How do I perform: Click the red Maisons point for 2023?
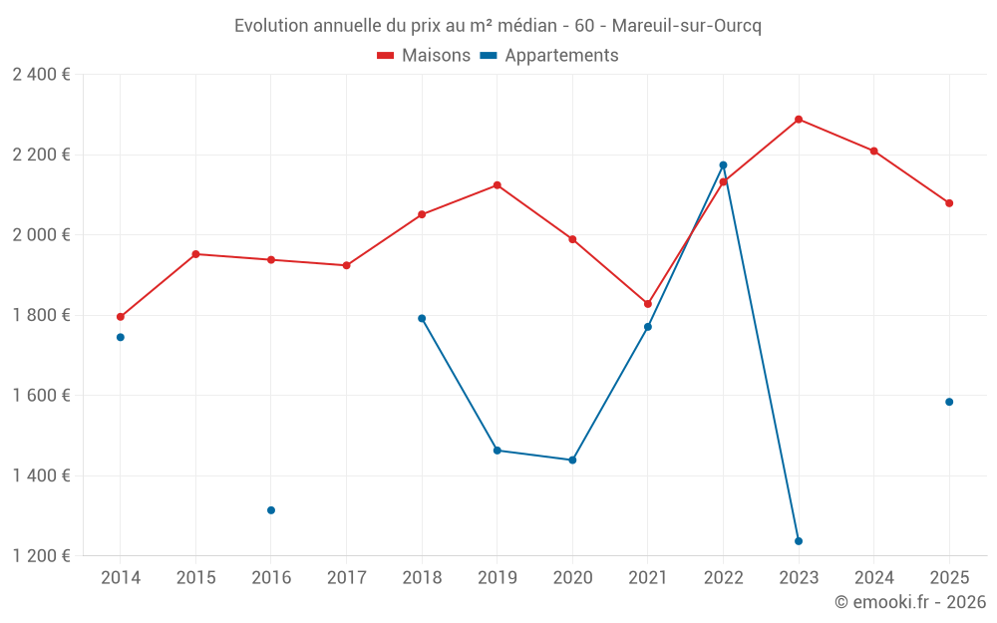799,120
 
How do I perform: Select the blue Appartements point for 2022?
723,165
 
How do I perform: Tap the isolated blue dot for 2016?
271,510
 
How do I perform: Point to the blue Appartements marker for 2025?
949,402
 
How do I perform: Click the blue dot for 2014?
121,337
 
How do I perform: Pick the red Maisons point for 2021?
648,304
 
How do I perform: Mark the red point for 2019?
497,185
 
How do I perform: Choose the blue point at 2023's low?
799,541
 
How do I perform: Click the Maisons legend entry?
424,56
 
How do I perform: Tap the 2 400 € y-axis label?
41,75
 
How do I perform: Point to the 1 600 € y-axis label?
41,396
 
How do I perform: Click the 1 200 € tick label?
41,556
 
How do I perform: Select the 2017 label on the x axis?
346,578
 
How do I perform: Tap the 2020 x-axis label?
572,578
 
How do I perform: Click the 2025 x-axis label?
949,578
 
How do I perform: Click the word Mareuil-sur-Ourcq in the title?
688,26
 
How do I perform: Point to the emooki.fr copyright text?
909,602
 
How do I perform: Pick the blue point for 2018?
422,319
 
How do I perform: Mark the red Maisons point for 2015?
195,254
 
